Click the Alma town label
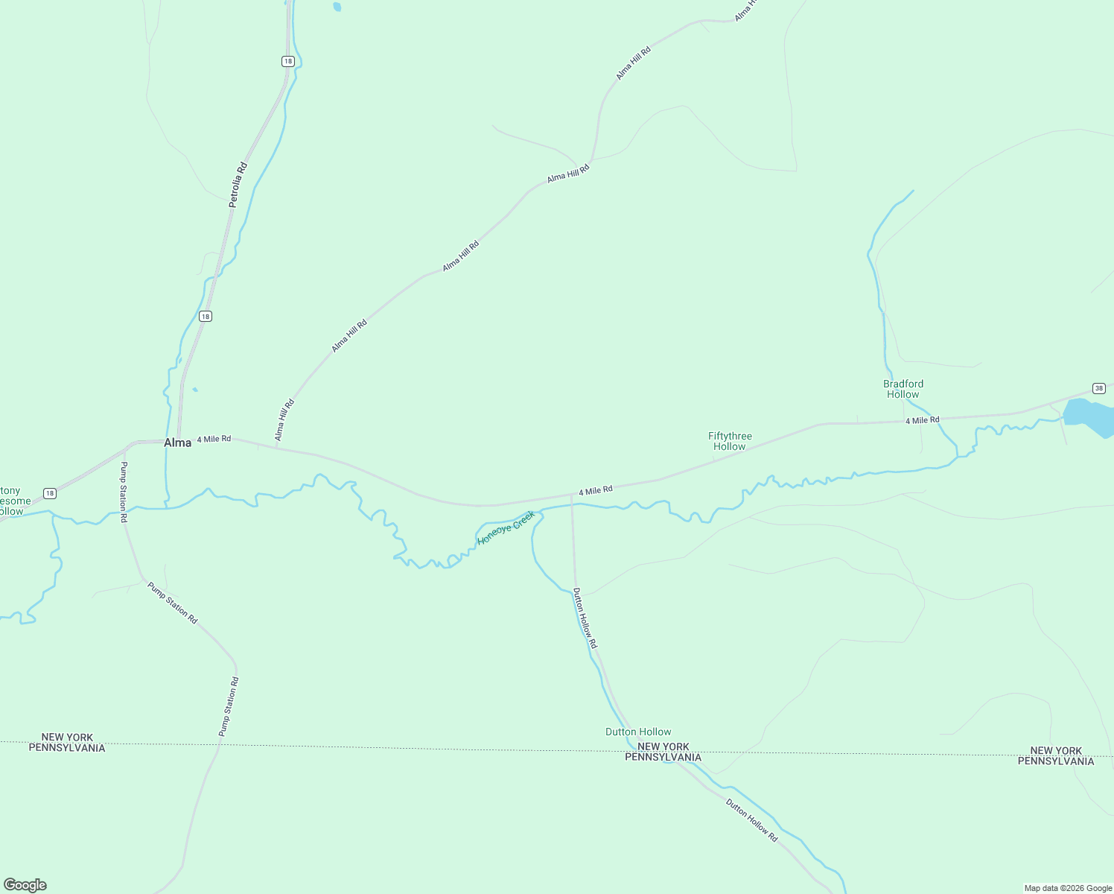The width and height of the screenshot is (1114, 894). [177, 443]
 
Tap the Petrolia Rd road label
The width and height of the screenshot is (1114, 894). [238, 184]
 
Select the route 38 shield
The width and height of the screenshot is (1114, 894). [1099, 388]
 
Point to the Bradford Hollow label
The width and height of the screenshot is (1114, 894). [903, 389]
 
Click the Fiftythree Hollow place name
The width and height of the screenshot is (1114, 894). [730, 441]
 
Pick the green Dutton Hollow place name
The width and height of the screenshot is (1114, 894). [638, 732]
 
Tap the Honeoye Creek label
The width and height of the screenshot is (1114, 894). [506, 527]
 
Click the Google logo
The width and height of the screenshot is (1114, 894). [25, 885]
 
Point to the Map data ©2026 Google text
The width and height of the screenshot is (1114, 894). [1068, 888]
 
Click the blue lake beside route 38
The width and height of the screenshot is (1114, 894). [1088, 416]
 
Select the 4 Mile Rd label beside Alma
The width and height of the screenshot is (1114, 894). [214, 439]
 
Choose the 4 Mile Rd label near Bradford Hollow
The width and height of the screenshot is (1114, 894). [922, 420]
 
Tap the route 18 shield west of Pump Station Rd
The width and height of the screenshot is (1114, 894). [49, 493]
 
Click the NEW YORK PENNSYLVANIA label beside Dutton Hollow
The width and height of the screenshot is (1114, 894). [663, 752]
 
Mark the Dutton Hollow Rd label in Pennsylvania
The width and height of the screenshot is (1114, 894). [751, 820]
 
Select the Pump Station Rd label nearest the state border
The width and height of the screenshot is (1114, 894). [229, 706]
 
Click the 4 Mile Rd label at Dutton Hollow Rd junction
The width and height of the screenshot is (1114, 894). [596, 490]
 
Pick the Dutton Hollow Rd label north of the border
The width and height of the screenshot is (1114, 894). [585, 618]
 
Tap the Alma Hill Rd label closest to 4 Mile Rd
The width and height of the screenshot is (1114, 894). [284, 419]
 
